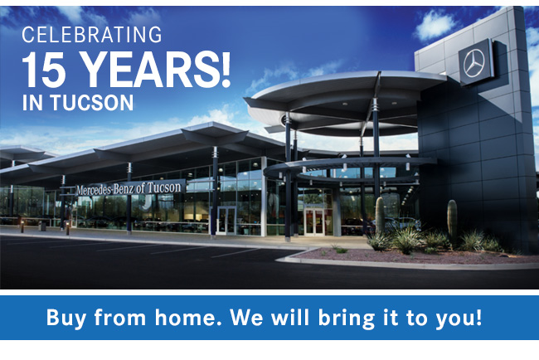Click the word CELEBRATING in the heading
(x=92, y=35)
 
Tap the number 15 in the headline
(x=44, y=69)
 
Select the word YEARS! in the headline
(x=157, y=69)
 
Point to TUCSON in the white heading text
(x=92, y=102)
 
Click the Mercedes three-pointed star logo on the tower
(x=473, y=63)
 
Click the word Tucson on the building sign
(x=164, y=187)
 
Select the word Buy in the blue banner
(x=66, y=318)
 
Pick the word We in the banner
(x=246, y=317)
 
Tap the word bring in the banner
(x=347, y=319)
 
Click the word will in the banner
(x=290, y=317)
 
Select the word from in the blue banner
(x=120, y=317)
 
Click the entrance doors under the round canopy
(x=314, y=222)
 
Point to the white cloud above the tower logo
(x=435, y=25)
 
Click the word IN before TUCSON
(x=32, y=102)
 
